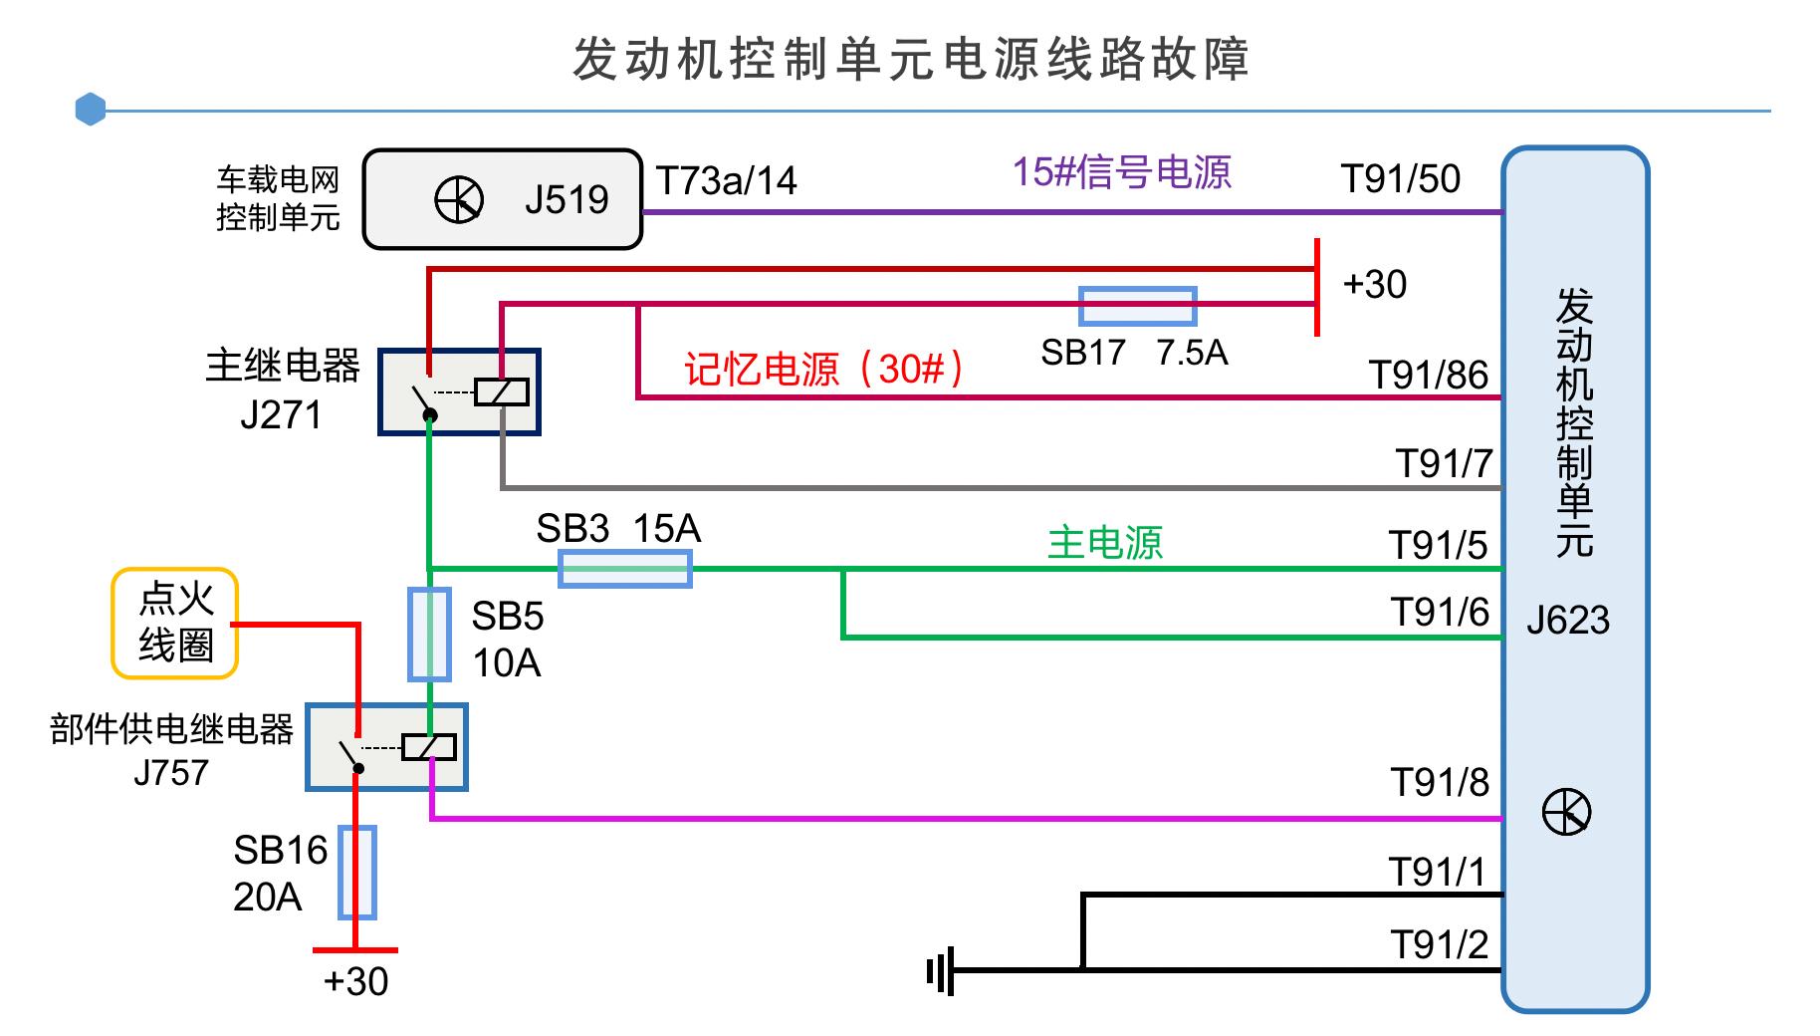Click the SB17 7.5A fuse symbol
click(1137, 307)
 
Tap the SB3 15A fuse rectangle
click(624, 570)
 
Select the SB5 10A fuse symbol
click(429, 635)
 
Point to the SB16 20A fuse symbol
click(356, 872)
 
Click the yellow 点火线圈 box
click(175, 624)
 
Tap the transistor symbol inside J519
click(459, 200)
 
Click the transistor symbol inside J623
click(1566, 813)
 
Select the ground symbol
click(941, 970)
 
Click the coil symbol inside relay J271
click(501, 391)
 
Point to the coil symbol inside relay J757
click(429, 747)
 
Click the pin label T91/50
click(1400, 179)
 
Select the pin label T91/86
click(1428, 376)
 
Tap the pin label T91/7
click(1443, 463)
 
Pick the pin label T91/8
click(1439, 783)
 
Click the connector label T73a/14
click(726, 181)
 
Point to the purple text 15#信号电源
click(1121, 172)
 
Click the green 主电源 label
click(1104, 543)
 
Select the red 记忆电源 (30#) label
click(823, 370)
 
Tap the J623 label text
click(1567, 621)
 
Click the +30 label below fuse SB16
click(355, 981)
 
